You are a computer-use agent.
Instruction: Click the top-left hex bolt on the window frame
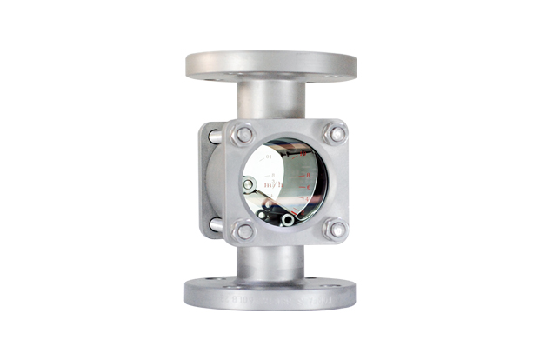coord(244,135)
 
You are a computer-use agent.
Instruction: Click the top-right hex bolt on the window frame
coord(335,133)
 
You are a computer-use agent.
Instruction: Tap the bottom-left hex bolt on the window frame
coord(245,230)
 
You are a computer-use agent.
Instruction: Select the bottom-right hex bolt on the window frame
coord(335,230)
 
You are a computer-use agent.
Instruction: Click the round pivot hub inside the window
coord(249,184)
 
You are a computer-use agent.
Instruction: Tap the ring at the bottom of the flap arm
coord(287,220)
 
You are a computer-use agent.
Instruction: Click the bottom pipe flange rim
coord(270,294)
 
